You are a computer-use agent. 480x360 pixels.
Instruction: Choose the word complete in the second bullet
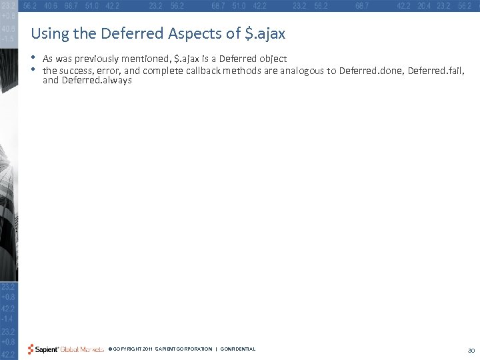point(160,69)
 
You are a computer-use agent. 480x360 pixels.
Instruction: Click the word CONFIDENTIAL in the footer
point(237,349)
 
